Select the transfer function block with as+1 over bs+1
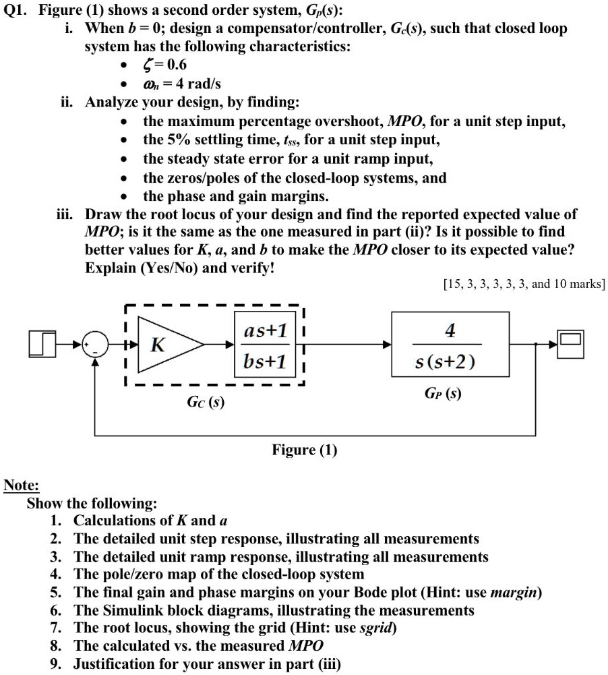[265, 346]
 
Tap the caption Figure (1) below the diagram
[304, 450]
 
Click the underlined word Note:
[22, 486]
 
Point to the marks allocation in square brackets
[524, 284]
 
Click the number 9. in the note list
[57, 664]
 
